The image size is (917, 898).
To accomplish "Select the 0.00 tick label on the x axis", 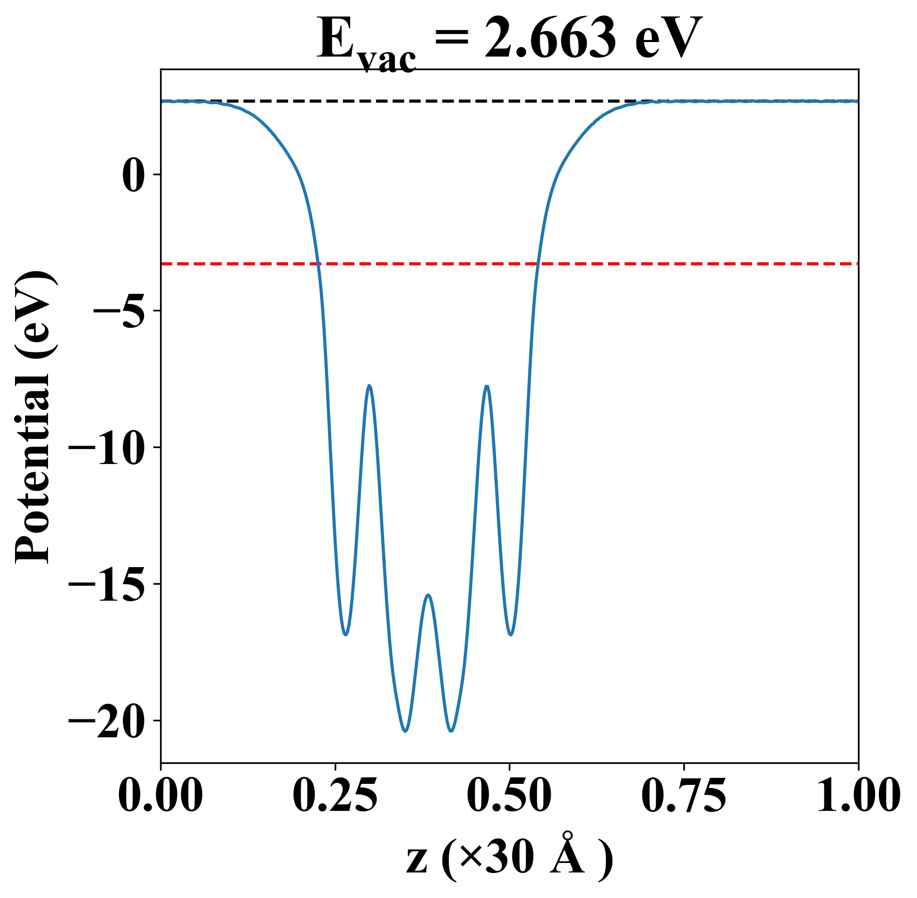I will tap(161, 796).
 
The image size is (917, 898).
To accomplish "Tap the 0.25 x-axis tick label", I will tap(335, 796).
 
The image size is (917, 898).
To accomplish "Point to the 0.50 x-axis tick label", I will tap(509, 796).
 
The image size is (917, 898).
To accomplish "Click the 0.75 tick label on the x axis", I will tap(683, 796).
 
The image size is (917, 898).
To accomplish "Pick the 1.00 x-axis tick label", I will tap(857, 796).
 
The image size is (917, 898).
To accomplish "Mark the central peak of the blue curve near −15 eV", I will tap(428, 595).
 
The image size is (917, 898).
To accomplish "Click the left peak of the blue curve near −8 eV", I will tap(369, 385).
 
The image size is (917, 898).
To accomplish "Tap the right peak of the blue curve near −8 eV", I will tap(487, 386).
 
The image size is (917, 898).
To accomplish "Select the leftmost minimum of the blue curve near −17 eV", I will tap(346, 635).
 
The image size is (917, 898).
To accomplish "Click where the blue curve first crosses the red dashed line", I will tap(317, 263).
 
